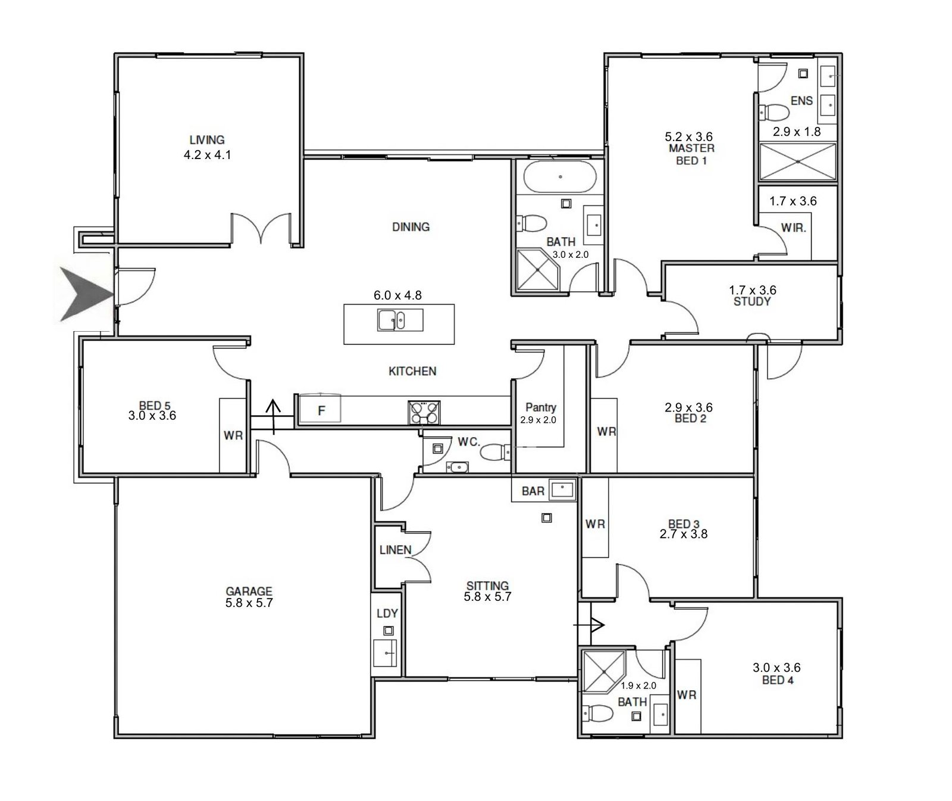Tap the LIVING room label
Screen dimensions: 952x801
point(207,140)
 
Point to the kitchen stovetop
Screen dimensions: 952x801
point(424,413)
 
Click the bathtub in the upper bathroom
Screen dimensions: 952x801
point(559,176)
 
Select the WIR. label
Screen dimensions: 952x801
point(793,227)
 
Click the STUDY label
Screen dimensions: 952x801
point(752,301)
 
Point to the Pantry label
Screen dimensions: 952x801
point(541,407)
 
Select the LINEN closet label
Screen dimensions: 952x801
point(396,550)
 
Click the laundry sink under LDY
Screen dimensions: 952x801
point(386,653)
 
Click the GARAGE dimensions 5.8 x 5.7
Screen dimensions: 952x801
point(249,603)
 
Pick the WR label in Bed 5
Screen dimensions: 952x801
point(233,435)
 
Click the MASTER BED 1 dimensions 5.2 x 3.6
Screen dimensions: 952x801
point(688,137)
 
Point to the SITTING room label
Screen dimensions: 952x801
point(487,585)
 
